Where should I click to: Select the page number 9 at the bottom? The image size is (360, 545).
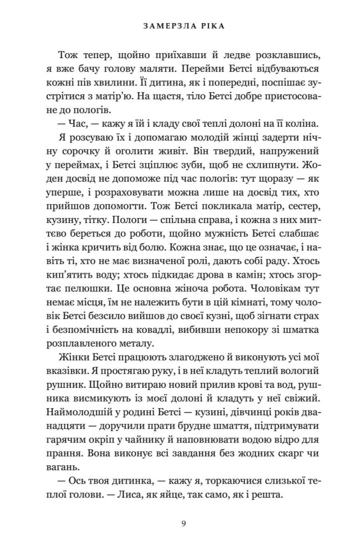[x=183, y=524]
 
